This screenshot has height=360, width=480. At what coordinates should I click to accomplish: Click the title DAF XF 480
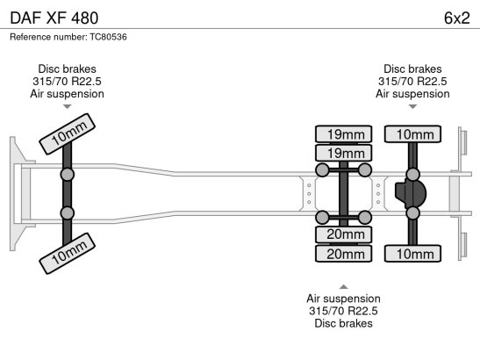pyautogui.click(x=54, y=18)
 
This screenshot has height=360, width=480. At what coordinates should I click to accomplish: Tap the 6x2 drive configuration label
pyautogui.click(x=456, y=18)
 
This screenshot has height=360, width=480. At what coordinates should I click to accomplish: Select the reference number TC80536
pyautogui.click(x=108, y=37)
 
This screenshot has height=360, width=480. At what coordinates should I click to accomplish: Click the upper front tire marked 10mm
pyautogui.click(x=68, y=133)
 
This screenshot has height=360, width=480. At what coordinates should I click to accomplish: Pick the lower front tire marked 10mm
pyautogui.click(x=68, y=254)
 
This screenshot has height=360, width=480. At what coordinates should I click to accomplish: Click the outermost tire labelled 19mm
pyautogui.click(x=343, y=133)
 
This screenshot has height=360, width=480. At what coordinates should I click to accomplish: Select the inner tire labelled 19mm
pyautogui.click(x=343, y=153)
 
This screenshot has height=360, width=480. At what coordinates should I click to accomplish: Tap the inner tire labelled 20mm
pyautogui.click(x=343, y=234)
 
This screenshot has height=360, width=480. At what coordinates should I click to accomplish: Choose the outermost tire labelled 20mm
pyautogui.click(x=343, y=254)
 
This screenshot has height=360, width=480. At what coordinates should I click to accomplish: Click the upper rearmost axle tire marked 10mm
pyautogui.click(x=412, y=133)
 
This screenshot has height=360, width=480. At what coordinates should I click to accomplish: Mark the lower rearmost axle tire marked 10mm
pyautogui.click(x=412, y=254)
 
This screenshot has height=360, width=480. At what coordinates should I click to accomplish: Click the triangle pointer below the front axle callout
pyautogui.click(x=67, y=106)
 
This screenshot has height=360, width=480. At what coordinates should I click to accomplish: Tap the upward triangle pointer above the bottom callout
pyautogui.click(x=343, y=287)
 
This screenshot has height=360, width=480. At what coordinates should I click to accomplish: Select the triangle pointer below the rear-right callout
pyautogui.click(x=412, y=106)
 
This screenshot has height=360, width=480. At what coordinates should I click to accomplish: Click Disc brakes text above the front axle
pyautogui.click(x=67, y=68)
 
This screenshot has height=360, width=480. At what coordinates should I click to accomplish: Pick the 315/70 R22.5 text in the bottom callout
pyautogui.click(x=343, y=311)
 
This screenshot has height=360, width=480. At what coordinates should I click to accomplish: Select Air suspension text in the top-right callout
pyautogui.click(x=412, y=94)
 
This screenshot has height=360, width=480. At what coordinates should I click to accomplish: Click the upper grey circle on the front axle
pyautogui.click(x=67, y=175)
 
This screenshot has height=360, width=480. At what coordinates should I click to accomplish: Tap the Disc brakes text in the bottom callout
pyautogui.click(x=343, y=323)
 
